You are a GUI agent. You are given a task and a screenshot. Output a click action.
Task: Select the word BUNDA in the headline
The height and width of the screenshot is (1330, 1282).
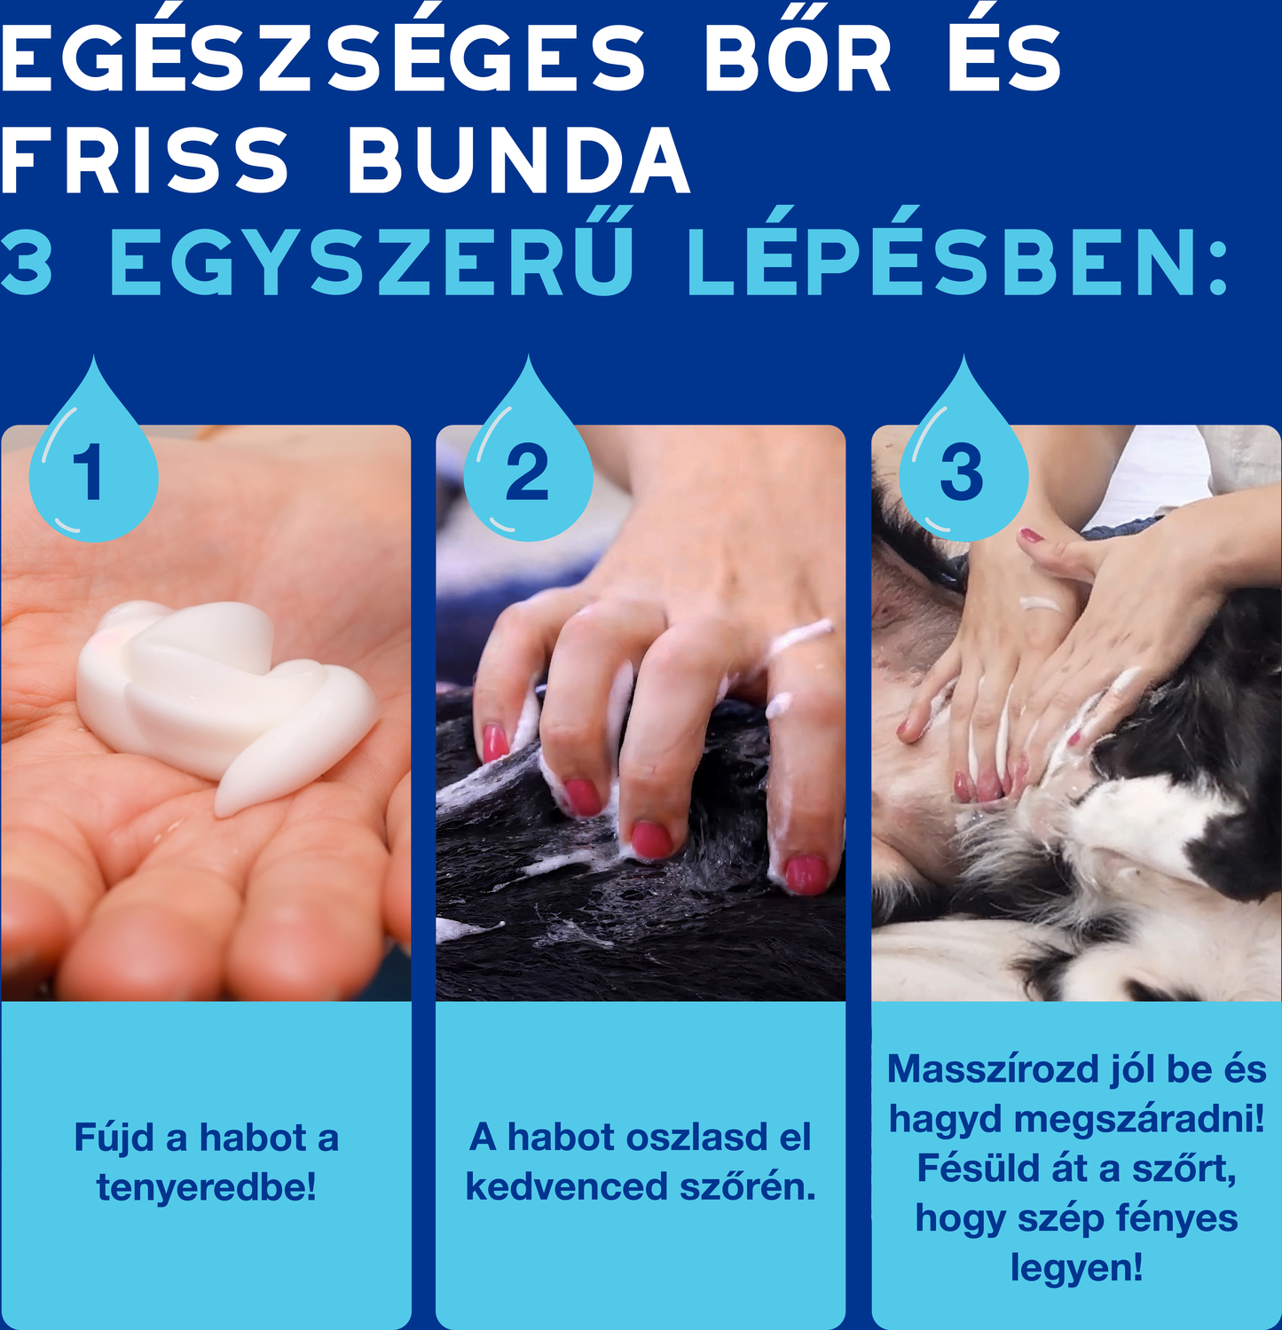(519, 160)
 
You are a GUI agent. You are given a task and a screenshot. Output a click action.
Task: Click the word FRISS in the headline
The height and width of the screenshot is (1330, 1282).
(145, 160)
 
